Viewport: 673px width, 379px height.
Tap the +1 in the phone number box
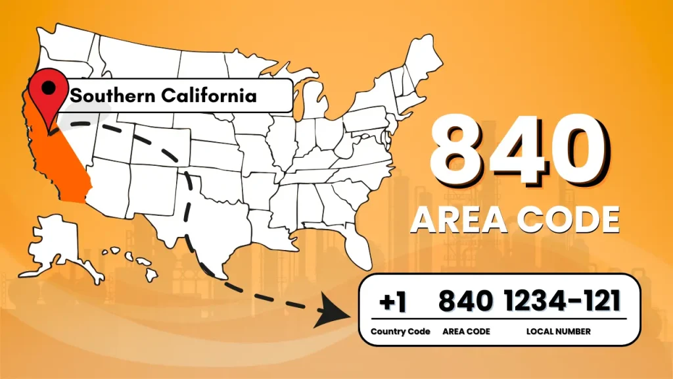pyautogui.click(x=393, y=301)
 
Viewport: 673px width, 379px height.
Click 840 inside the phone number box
pyautogui.click(x=465, y=301)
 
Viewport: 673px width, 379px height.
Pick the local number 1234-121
pyautogui.click(x=563, y=301)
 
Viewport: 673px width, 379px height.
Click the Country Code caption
pyautogui.click(x=400, y=332)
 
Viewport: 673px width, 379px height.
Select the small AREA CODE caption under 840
pyautogui.click(x=466, y=332)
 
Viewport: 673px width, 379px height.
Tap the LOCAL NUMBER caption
pyautogui.click(x=559, y=332)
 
